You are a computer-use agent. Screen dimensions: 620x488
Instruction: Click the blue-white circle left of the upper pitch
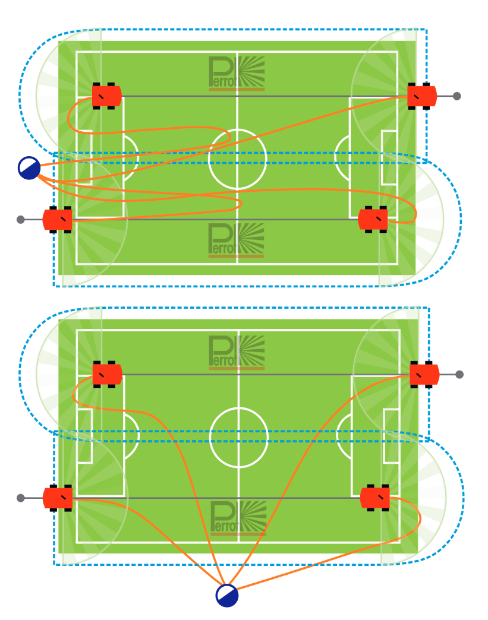click(x=29, y=168)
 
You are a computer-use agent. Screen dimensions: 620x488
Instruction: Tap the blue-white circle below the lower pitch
click(x=227, y=596)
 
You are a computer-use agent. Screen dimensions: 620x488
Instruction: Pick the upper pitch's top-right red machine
click(x=422, y=96)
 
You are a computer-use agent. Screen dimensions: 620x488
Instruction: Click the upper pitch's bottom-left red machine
click(x=58, y=220)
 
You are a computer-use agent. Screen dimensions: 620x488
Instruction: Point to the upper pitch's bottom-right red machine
click(x=373, y=220)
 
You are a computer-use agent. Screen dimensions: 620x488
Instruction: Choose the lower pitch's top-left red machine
click(x=108, y=375)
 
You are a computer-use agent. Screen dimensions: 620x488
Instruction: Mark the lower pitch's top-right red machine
click(x=424, y=375)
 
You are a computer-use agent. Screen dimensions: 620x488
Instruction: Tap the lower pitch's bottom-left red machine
click(x=58, y=498)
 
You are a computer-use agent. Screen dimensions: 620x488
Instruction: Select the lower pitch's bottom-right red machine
click(x=376, y=498)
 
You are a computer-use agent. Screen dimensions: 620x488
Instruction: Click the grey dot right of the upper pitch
click(x=456, y=96)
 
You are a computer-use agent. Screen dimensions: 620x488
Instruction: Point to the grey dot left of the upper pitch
click(x=21, y=220)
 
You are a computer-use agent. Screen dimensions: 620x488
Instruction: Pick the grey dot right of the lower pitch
click(x=459, y=374)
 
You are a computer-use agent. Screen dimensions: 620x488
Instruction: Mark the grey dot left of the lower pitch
click(x=21, y=498)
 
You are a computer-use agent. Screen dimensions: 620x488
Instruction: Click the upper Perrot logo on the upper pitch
click(x=237, y=74)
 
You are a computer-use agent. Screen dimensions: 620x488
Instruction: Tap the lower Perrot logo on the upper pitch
click(x=237, y=240)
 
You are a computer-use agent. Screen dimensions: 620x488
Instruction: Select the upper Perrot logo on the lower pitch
click(x=237, y=352)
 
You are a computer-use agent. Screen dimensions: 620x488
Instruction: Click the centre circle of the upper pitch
click(x=237, y=159)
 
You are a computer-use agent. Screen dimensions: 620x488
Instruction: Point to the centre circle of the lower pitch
click(x=239, y=437)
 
